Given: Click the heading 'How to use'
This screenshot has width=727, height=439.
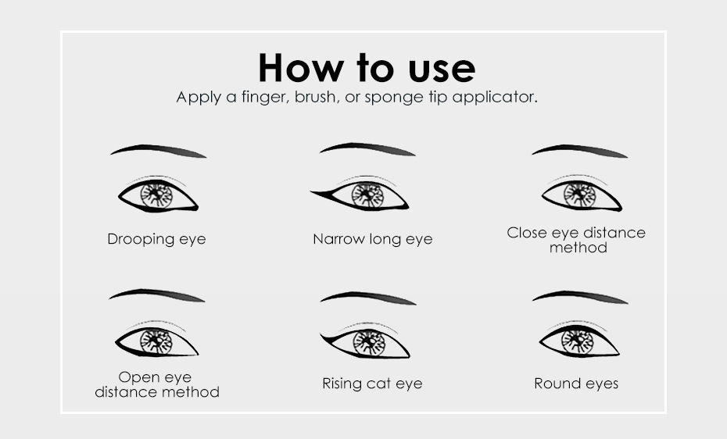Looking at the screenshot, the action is click(367, 68).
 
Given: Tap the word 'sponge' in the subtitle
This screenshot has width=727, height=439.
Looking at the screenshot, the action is click(394, 97).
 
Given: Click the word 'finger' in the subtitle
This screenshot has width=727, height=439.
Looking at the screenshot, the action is click(266, 97).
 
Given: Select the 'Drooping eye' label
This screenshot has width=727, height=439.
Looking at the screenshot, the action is click(156, 239).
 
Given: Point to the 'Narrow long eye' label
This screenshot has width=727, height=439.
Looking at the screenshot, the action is click(373, 239).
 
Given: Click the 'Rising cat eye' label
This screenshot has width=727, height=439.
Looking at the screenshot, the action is click(372, 384).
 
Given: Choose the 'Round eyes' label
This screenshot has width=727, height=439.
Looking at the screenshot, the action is click(576, 384).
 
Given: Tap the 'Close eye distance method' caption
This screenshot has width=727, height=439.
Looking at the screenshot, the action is click(576, 240).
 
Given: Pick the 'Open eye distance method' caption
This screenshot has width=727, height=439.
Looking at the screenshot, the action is click(156, 384).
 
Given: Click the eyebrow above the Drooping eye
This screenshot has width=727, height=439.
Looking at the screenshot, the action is click(159, 149).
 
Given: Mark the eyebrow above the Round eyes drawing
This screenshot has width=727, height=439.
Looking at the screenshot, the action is click(580, 295).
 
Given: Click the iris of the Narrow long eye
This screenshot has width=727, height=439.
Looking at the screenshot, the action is click(368, 195).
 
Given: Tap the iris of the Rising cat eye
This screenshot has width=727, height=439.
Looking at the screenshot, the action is click(369, 343).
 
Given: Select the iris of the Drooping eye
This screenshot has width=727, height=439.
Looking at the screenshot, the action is click(156, 196).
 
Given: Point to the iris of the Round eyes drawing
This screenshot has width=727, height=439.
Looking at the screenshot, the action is click(577, 342).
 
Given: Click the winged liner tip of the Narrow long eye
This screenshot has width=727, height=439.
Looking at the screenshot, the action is click(312, 191).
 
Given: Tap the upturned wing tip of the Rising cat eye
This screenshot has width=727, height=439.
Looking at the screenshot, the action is click(321, 334).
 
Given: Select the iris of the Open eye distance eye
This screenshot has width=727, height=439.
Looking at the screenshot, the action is click(156, 342).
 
